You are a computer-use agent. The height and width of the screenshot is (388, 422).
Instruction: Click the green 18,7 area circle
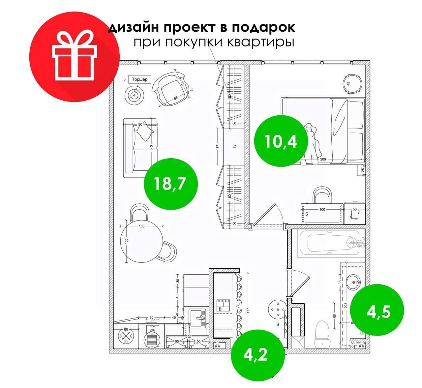pyautogui.click(x=171, y=183)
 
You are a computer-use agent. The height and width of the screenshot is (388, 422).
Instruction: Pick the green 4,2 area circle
pyautogui.click(x=257, y=355)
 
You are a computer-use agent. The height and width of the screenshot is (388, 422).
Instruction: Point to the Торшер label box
pyautogui.click(x=139, y=79)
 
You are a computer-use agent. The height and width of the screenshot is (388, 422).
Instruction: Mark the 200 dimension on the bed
pyautogui.click(x=323, y=159)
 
